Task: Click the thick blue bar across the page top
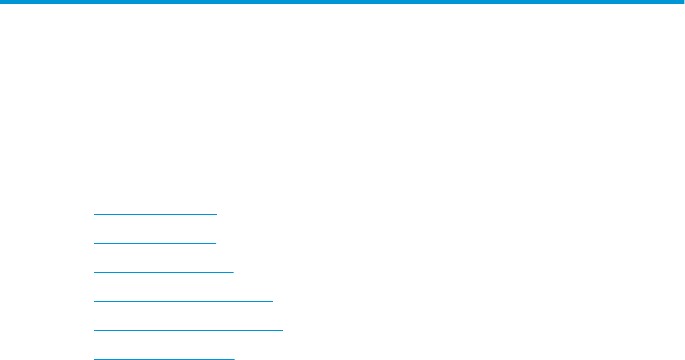coord(342,3)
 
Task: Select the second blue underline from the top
coord(155,243)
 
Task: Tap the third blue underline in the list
coord(164,272)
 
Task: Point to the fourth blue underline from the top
coord(183,301)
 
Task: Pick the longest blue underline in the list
coord(188,330)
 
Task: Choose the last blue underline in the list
coord(164,359)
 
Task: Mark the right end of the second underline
coord(216,243)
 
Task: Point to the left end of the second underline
coord(94,243)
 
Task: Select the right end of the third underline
coord(234,272)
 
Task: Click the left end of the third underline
coord(94,272)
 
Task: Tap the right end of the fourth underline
coord(273,301)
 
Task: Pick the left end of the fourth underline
coord(94,301)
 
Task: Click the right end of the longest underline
coord(282,330)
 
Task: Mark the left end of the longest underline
coord(94,330)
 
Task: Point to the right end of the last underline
coord(234,359)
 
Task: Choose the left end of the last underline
coord(94,359)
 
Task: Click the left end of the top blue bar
coord(2,3)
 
